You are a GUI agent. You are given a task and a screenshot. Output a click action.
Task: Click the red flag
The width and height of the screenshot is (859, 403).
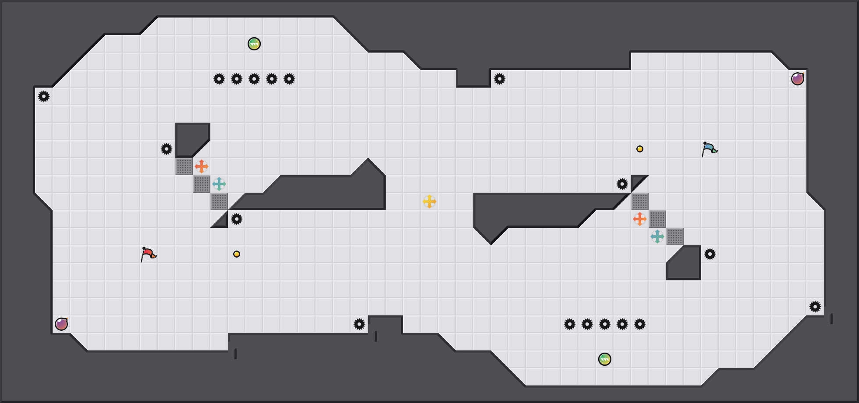(148, 254)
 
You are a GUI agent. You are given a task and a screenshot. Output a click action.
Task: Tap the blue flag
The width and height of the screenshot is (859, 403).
(709, 149)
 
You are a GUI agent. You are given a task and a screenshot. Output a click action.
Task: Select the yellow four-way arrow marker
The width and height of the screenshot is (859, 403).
(429, 201)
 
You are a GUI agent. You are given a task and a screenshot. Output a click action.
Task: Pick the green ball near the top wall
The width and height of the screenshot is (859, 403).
(254, 44)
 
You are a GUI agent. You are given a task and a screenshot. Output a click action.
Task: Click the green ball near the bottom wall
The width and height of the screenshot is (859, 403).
(605, 359)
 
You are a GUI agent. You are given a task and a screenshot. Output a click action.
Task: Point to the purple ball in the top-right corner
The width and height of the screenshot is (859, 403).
(798, 79)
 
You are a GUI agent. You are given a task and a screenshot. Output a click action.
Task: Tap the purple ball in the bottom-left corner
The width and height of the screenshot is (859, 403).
(61, 324)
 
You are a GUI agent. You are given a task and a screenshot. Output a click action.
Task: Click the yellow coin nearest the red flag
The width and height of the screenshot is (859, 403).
(237, 254)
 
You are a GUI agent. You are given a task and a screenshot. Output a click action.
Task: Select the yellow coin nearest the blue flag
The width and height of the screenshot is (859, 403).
(640, 149)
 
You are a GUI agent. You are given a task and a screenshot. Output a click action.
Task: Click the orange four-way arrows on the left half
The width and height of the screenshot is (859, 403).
(202, 166)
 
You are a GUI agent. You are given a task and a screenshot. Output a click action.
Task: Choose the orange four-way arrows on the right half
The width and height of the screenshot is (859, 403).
(640, 219)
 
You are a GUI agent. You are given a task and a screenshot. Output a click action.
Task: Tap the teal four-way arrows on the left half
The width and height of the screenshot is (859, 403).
(219, 184)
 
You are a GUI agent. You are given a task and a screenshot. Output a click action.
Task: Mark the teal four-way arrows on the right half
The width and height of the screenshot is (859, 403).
(657, 237)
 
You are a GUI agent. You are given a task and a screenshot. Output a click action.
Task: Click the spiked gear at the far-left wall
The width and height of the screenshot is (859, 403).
(44, 96)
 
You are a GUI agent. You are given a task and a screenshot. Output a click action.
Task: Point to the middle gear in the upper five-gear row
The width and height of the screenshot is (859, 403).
(254, 79)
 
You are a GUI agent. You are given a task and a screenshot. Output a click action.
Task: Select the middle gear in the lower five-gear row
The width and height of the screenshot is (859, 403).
(605, 324)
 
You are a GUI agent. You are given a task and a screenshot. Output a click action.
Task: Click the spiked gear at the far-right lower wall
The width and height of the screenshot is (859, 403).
(815, 307)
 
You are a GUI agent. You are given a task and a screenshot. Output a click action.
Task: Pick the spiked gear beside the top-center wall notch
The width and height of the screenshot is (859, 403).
(500, 79)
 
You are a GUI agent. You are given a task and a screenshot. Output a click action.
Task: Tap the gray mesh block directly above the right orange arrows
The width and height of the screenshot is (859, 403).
(640, 201)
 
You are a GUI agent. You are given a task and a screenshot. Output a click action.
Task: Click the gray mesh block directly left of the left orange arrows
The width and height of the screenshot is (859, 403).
(184, 166)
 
